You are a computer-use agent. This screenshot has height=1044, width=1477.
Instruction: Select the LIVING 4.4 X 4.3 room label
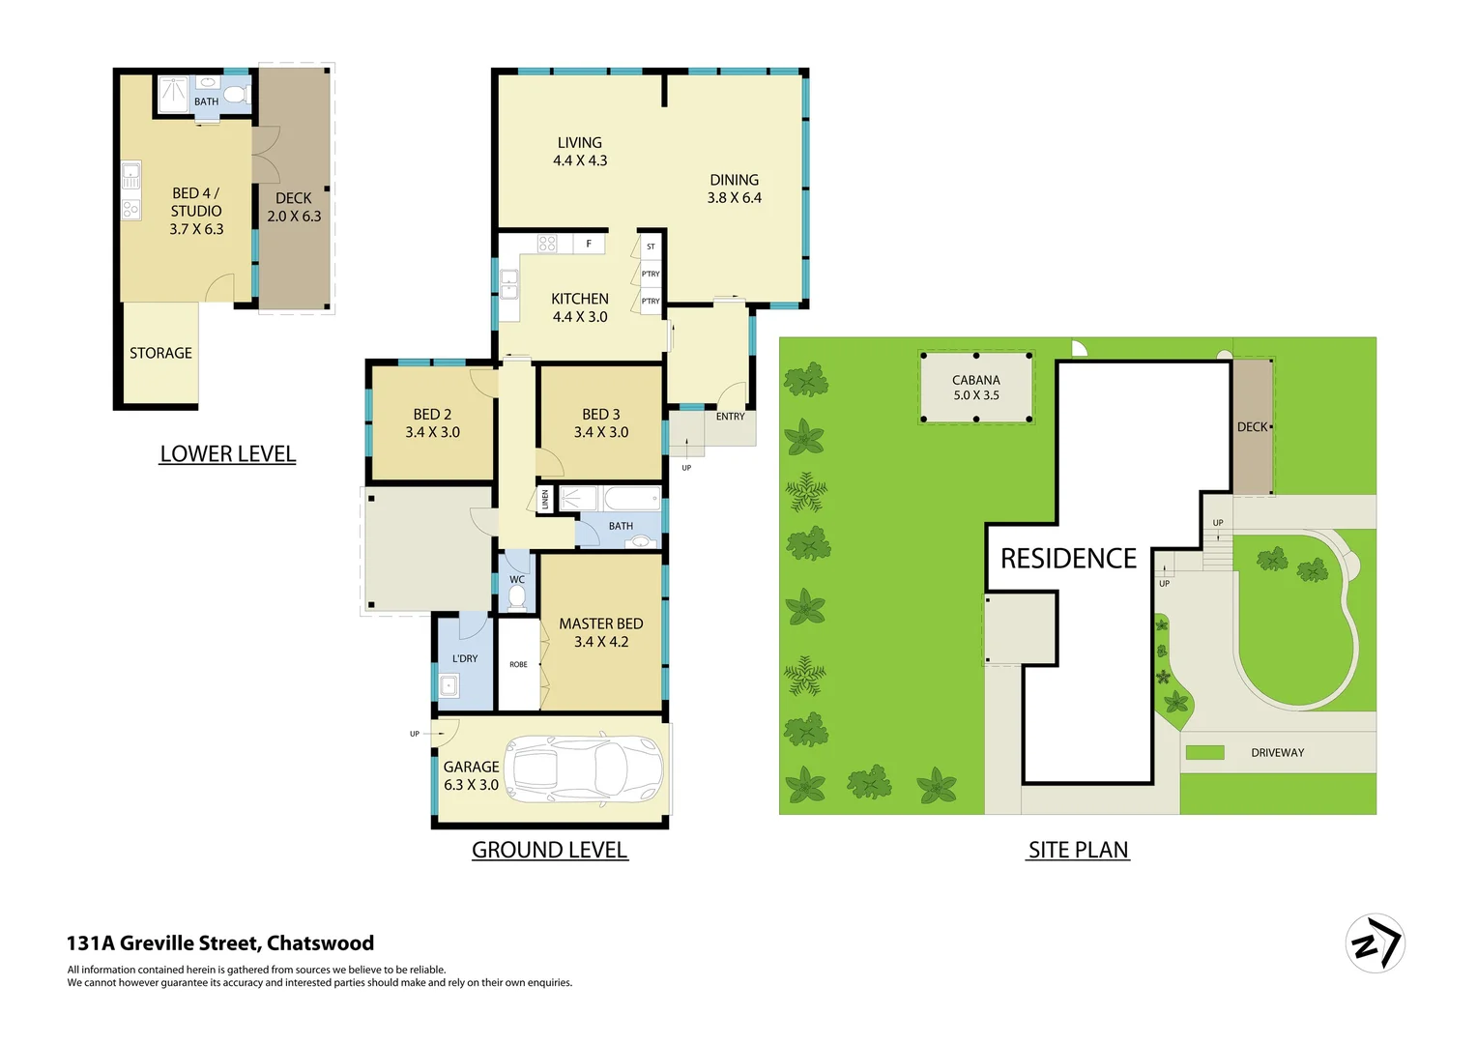pos(580,152)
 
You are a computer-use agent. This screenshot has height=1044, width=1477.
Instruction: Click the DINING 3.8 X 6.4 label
pos(734,188)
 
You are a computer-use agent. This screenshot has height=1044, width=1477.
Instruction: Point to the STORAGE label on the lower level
pos(160,353)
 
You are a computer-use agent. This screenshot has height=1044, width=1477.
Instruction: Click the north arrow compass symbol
pos(1375,942)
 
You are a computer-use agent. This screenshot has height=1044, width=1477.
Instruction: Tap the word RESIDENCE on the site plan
pos(1068,559)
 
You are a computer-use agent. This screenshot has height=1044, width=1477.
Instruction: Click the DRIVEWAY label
pos(1277,752)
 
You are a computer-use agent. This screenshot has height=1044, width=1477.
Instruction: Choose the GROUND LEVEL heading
pos(549,850)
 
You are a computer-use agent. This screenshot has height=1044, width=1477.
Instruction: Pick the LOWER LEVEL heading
pos(227,453)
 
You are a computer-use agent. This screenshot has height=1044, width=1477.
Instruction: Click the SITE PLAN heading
pos(1078,850)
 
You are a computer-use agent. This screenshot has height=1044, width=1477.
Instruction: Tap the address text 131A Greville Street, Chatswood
pos(220,942)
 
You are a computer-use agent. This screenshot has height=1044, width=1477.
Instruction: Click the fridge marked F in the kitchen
pos(589,244)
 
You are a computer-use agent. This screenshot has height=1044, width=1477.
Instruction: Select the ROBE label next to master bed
pos(518,664)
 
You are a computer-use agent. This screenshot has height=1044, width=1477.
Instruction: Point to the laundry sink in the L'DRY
pos(449,687)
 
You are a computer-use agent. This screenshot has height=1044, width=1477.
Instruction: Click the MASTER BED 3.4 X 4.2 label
pos(600,632)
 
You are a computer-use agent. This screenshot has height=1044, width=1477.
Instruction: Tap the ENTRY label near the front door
pos(730,417)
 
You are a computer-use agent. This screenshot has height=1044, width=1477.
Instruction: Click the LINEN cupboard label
pos(545,500)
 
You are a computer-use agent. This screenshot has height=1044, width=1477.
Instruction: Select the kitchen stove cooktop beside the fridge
pos(547,244)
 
